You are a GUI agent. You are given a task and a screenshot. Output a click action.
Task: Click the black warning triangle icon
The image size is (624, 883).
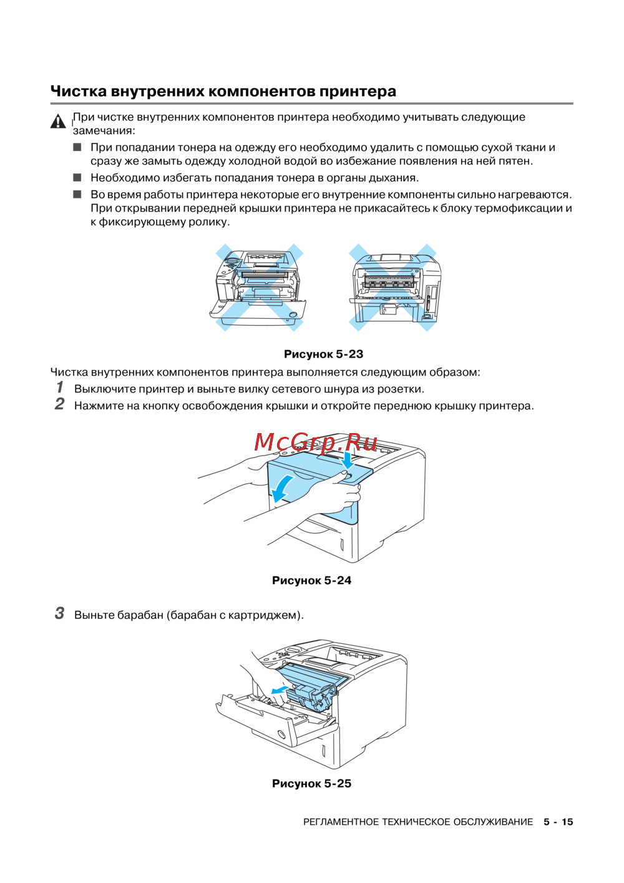pyautogui.click(x=58, y=121)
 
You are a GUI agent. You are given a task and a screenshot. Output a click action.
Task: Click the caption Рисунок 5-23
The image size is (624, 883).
pyautogui.click(x=323, y=354)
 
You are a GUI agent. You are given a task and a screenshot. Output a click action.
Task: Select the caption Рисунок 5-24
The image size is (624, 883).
pyautogui.click(x=311, y=580)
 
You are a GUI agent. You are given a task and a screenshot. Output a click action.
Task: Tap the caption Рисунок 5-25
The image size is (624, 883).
pyautogui.click(x=311, y=784)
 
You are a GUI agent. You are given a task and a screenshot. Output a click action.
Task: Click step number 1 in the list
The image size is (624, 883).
pyautogui.click(x=60, y=388)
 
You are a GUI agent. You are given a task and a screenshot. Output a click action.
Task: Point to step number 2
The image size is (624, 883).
pyautogui.click(x=60, y=404)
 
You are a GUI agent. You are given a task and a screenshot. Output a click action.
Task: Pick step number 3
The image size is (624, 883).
pyautogui.click(x=60, y=613)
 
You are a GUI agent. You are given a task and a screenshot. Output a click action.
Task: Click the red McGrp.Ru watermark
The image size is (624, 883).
pyautogui.click(x=316, y=442)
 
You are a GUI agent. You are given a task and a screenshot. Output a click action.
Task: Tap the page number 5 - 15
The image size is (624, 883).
pyautogui.click(x=558, y=822)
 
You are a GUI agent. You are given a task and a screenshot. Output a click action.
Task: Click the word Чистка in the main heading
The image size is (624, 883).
pyautogui.click(x=78, y=91)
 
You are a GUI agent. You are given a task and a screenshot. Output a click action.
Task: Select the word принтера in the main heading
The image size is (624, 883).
pyautogui.click(x=358, y=91)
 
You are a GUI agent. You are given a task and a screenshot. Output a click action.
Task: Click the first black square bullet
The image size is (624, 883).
pyautogui.click(x=77, y=147)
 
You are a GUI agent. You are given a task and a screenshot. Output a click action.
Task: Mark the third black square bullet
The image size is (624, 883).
pyautogui.click(x=77, y=194)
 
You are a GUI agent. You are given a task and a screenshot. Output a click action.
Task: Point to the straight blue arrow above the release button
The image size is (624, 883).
pyautogui.click(x=347, y=461)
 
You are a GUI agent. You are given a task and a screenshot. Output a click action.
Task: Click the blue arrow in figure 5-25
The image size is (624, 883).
pyautogui.click(x=280, y=690)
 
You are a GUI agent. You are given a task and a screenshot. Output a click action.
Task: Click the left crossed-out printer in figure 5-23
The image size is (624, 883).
pyautogui.click(x=259, y=287)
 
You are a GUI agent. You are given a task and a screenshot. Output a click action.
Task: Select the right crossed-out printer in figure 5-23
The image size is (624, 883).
pyautogui.click(x=394, y=287)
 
